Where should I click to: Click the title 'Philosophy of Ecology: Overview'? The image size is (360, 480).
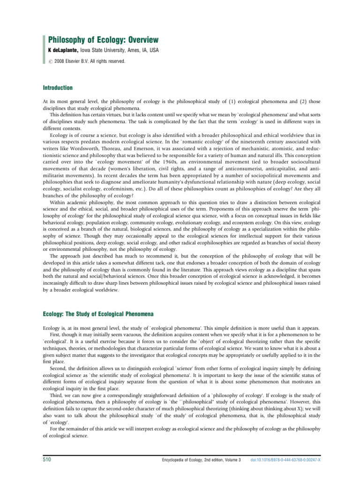tap(100, 40)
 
